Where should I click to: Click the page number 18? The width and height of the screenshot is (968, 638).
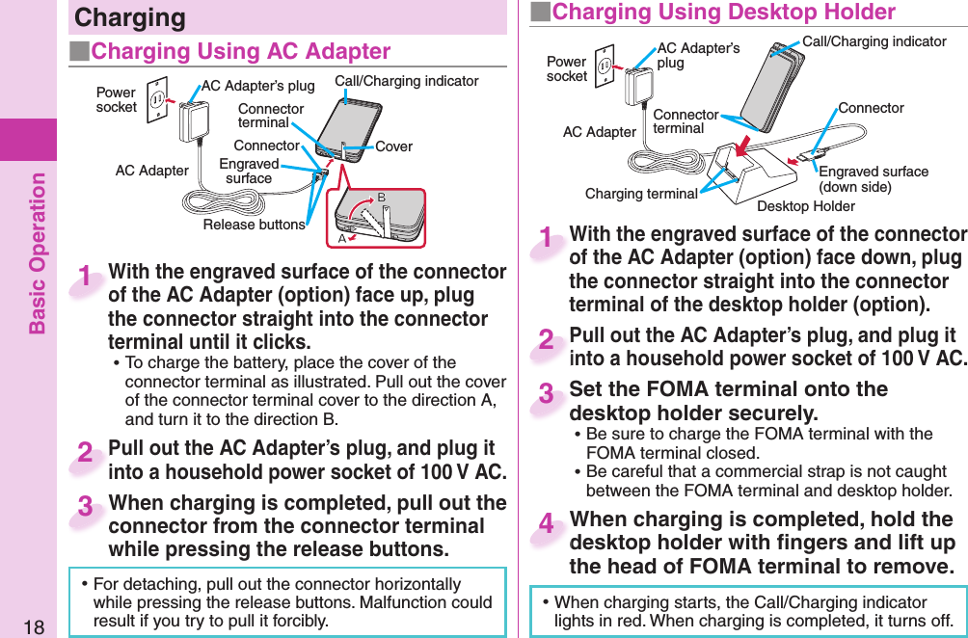point(34,626)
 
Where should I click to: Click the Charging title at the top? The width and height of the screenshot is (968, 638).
point(130,17)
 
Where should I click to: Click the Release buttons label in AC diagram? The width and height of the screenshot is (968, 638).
point(254,225)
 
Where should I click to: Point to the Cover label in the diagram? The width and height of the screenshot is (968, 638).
point(393,146)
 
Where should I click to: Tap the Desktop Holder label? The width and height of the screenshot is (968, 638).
point(806,206)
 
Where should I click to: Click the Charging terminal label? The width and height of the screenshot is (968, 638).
point(641,194)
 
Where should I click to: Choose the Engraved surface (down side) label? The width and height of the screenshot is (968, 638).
point(873,179)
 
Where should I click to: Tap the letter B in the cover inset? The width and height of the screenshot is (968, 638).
point(381,198)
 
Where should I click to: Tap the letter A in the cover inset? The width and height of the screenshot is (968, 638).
point(342,238)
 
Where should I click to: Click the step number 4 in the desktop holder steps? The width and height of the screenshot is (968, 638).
point(547,525)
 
